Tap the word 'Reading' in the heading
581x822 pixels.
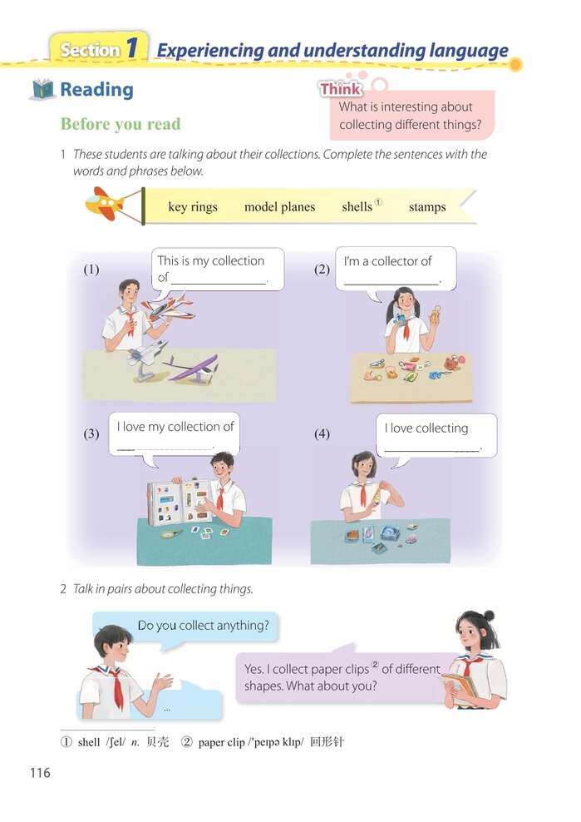click(96, 90)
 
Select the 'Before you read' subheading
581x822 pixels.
click(120, 124)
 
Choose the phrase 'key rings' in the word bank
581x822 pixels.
click(192, 207)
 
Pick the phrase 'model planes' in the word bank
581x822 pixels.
click(279, 207)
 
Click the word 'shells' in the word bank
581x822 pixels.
click(357, 207)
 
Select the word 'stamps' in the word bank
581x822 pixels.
click(427, 207)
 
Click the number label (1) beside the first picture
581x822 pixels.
click(91, 270)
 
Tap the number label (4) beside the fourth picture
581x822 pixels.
click(322, 433)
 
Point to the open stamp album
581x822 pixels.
click(177, 503)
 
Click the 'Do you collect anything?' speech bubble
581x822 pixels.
click(203, 626)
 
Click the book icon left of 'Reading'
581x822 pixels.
click(42, 90)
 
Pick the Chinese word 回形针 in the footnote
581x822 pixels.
click(326, 741)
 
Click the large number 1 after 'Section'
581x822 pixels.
click(131, 49)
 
